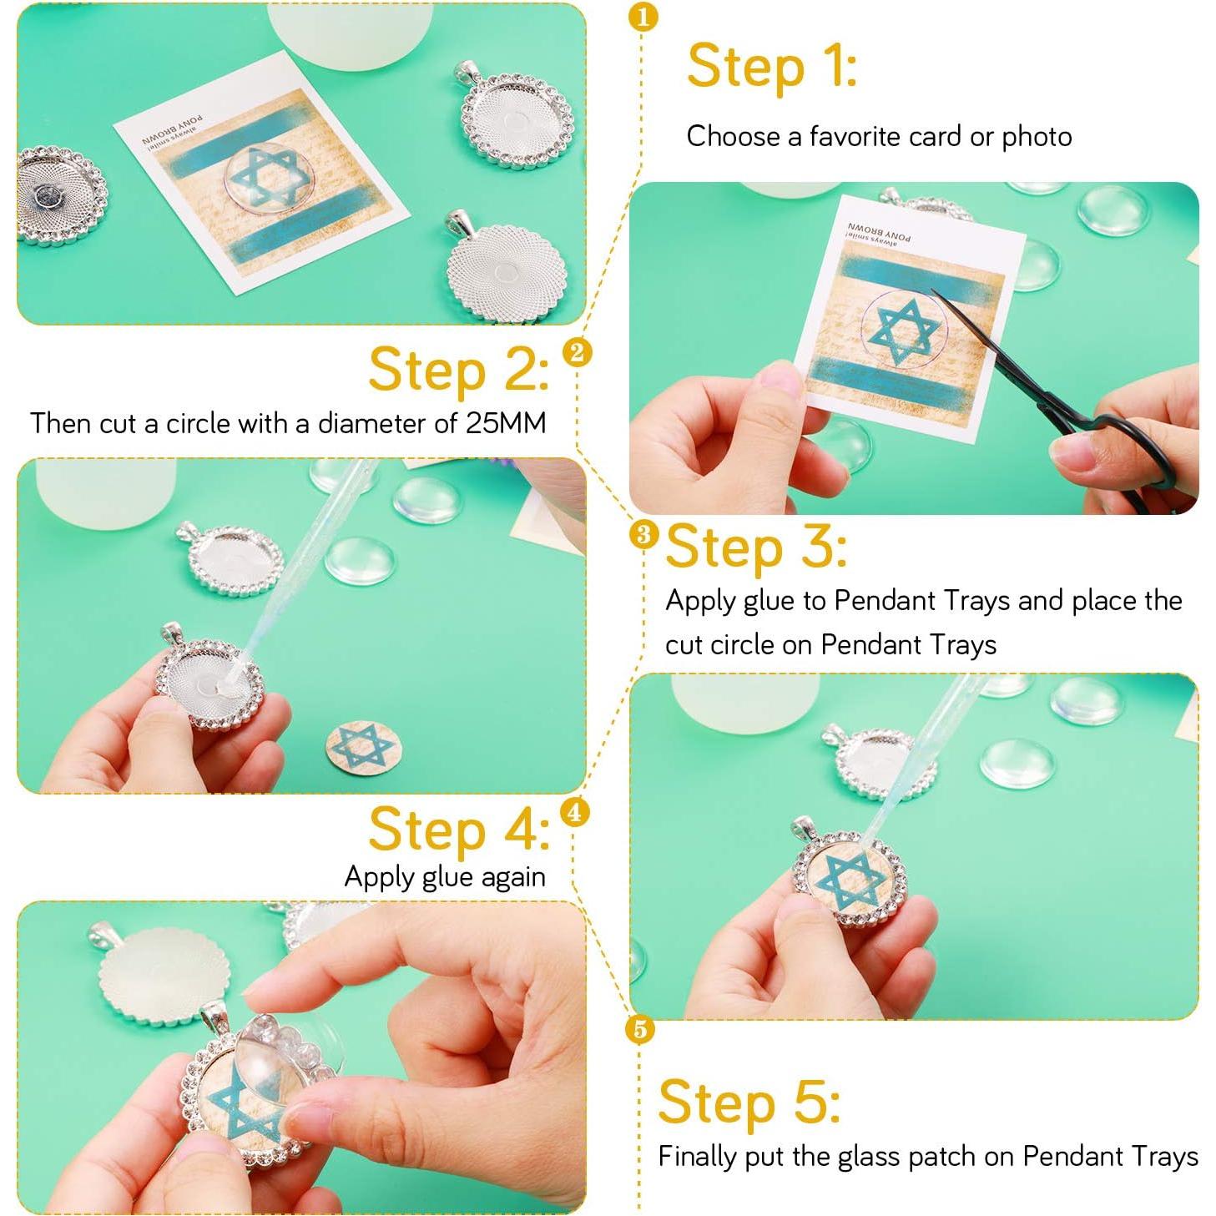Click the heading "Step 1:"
(771, 68)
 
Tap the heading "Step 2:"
(458, 371)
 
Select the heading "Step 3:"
(757, 547)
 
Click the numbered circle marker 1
(643, 17)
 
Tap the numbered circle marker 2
(576, 352)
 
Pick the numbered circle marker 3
(643, 535)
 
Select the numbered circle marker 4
(573, 811)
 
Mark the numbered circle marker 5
(640, 1029)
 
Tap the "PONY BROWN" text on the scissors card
(880, 231)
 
